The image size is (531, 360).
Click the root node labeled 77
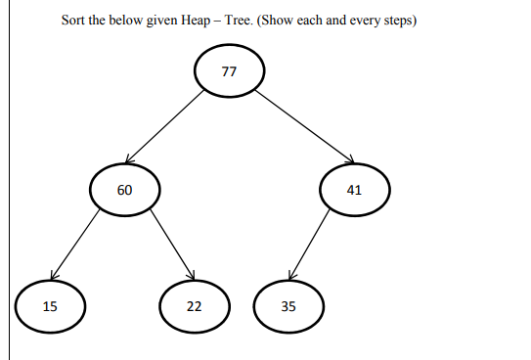[229, 71]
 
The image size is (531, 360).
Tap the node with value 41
[354, 190]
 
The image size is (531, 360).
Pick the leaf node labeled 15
[50, 306]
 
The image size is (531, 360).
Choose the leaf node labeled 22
[195, 306]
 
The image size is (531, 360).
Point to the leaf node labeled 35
[288, 306]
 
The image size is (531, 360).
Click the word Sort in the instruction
[72, 21]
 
